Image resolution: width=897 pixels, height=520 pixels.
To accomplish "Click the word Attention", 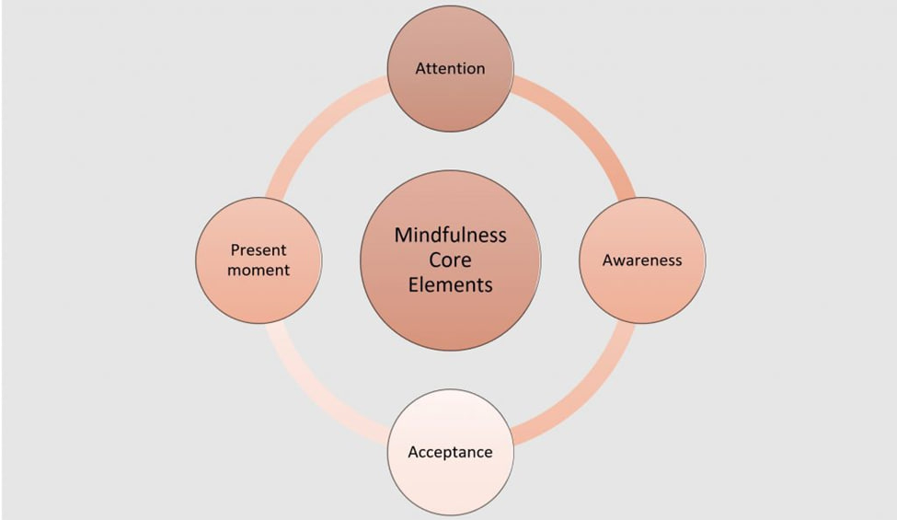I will [450, 68].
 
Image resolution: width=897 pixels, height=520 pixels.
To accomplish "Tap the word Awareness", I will [642, 260].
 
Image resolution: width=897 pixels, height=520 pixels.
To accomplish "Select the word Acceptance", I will [450, 452].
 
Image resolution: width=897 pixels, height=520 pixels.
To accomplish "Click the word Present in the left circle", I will [259, 250].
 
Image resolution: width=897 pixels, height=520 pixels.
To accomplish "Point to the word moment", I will [259, 270].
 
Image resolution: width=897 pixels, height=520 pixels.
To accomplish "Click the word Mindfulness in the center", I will [450, 235].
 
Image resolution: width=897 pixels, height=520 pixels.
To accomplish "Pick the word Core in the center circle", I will [450, 260].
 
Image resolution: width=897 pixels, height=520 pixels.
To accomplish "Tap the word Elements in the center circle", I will [450, 284].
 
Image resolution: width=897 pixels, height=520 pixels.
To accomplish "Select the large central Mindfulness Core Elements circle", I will [450, 322].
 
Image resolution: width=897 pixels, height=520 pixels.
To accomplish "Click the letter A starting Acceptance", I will [413, 452].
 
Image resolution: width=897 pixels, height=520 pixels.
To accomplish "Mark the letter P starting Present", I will [235, 250].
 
